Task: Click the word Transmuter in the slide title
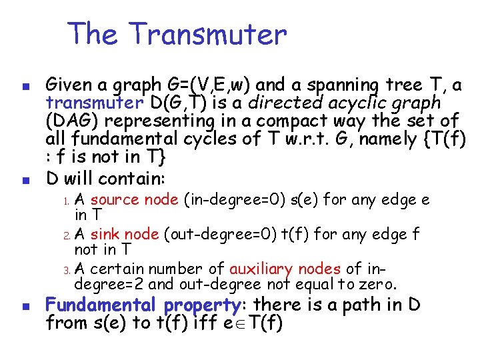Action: [x=208, y=33]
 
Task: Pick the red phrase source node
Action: [x=133, y=199]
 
